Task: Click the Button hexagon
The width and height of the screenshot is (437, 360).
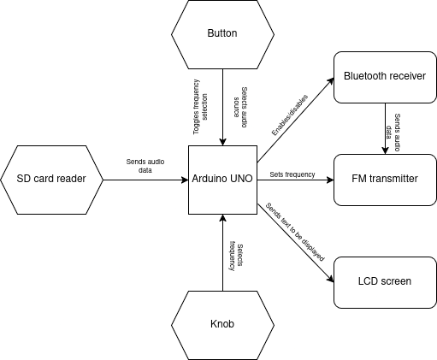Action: [x=222, y=34]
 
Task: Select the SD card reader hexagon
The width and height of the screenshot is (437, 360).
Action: [x=52, y=180]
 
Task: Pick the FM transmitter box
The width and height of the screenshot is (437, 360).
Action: [x=384, y=180]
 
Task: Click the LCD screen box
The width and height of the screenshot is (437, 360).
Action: [x=384, y=280]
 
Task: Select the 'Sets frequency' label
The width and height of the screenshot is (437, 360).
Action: [x=292, y=174]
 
